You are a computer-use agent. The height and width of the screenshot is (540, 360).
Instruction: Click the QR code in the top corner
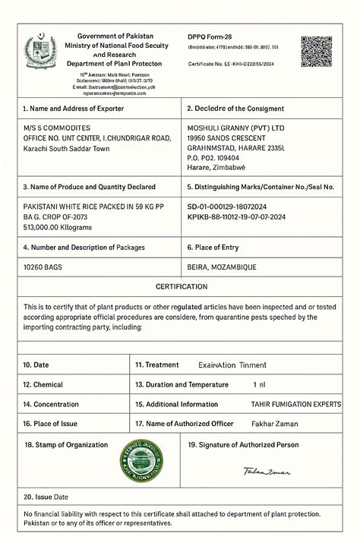pos(316,52)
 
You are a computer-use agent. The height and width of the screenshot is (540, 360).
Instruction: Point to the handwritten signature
pos(267,472)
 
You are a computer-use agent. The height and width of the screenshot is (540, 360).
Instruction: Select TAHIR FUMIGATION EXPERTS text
pos(296,405)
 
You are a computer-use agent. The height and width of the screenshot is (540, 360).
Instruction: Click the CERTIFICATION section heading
pos(181,287)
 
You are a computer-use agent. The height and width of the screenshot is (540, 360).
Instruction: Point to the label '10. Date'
pos(36,365)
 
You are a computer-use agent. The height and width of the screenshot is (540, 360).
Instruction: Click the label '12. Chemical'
pos(43,385)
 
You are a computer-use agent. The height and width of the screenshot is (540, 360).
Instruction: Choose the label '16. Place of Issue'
pos(50,424)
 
